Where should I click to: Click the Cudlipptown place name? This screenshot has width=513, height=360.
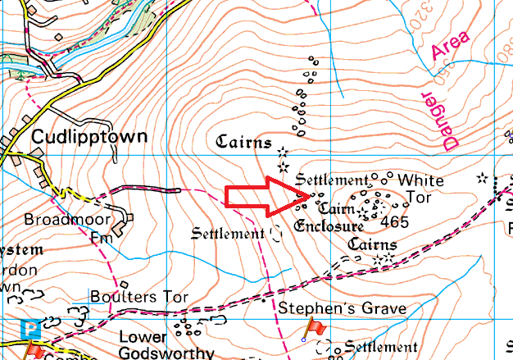click(89, 137)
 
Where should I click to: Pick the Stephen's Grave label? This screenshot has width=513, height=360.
click(342, 309)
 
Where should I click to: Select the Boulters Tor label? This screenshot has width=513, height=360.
click(138, 297)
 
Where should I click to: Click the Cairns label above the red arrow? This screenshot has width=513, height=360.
click(243, 142)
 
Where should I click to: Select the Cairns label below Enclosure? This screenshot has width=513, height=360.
click(372, 244)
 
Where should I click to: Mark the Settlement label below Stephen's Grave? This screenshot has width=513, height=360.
click(381, 346)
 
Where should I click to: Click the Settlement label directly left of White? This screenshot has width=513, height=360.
click(332, 179)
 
